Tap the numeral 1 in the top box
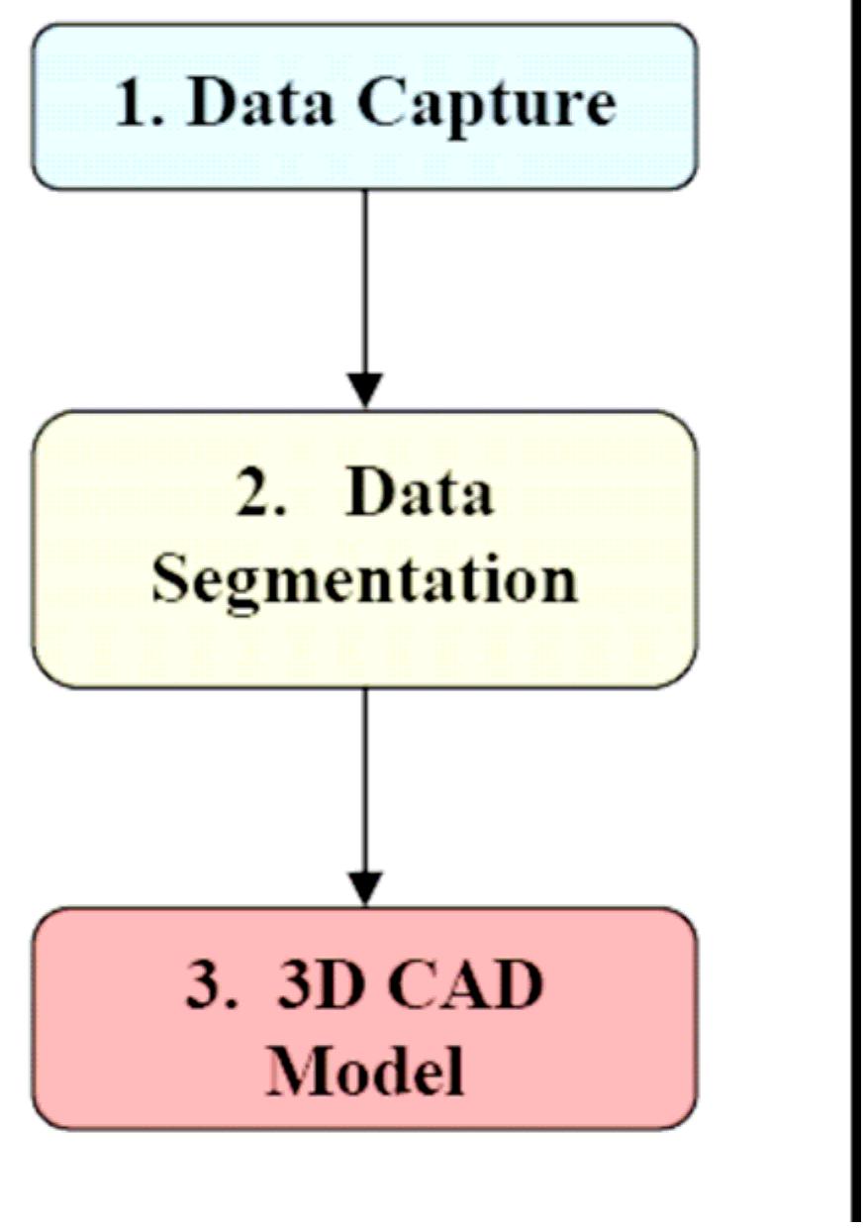(x=130, y=103)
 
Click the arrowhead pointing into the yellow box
(x=365, y=390)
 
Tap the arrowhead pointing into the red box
(x=365, y=887)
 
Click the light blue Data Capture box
(x=365, y=158)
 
